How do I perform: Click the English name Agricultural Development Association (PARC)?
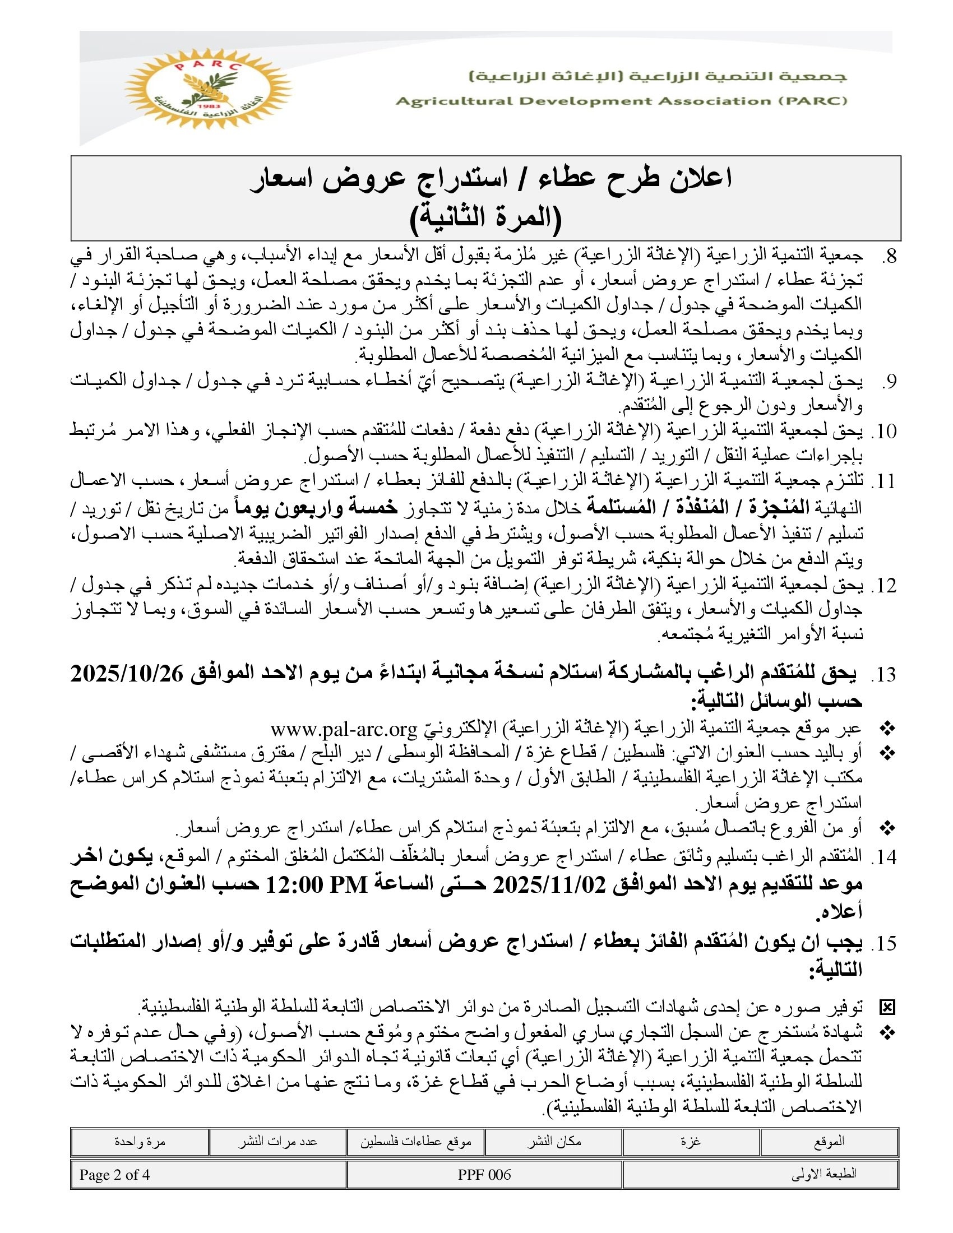click(x=621, y=101)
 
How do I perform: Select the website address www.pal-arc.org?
click(x=343, y=729)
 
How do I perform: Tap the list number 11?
click(x=885, y=481)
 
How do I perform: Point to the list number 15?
click(x=885, y=943)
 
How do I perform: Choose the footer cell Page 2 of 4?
click(x=114, y=1175)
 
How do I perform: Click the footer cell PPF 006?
click(x=484, y=1175)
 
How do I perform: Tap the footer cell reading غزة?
click(x=691, y=1142)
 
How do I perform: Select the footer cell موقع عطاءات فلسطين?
click(x=415, y=1142)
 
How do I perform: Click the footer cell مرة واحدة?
click(x=140, y=1142)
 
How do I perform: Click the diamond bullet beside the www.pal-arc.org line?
click(x=887, y=729)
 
